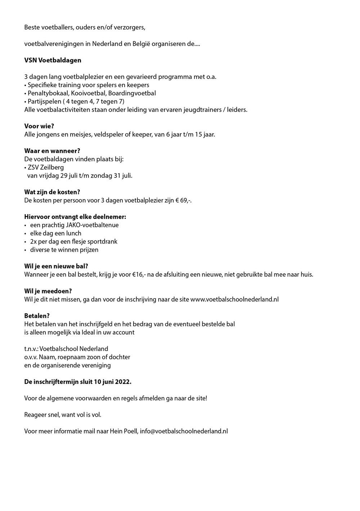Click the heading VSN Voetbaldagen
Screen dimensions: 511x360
point(53,60)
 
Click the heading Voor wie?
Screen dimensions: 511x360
point(39,126)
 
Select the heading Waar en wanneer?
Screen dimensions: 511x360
point(52,151)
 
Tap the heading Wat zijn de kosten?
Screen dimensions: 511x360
point(52,192)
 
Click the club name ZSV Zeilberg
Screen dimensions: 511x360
point(46,167)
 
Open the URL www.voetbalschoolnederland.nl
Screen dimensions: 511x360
point(234,299)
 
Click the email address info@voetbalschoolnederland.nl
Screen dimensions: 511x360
point(184,431)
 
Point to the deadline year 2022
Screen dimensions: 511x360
point(123,382)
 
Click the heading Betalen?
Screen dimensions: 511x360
point(37,316)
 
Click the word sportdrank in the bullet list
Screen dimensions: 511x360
point(104,242)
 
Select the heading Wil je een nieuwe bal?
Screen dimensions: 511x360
point(56,266)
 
